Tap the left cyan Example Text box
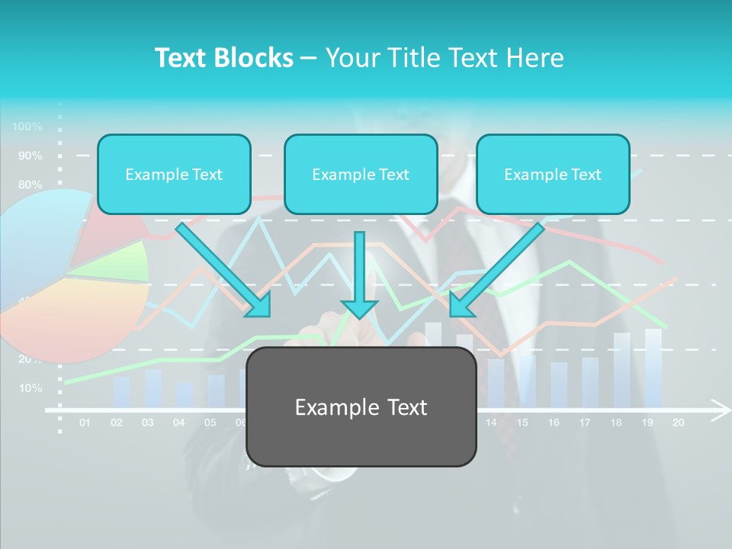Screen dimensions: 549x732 (x=174, y=175)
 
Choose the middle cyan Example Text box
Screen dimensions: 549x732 (x=361, y=175)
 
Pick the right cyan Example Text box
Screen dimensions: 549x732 (x=553, y=175)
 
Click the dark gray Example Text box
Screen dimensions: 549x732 (x=361, y=407)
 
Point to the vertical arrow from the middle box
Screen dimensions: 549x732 (x=359, y=274)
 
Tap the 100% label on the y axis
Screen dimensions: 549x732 (x=27, y=127)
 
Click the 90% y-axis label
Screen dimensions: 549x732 (x=30, y=156)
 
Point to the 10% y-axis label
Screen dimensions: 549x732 (x=30, y=388)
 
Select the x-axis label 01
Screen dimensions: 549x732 (x=85, y=422)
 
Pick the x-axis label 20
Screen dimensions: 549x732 (x=678, y=422)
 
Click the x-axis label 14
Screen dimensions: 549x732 (x=491, y=422)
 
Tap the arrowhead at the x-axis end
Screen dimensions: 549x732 (x=721, y=409)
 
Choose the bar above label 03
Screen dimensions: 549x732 (x=152, y=387)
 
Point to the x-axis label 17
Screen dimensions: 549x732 (x=585, y=422)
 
